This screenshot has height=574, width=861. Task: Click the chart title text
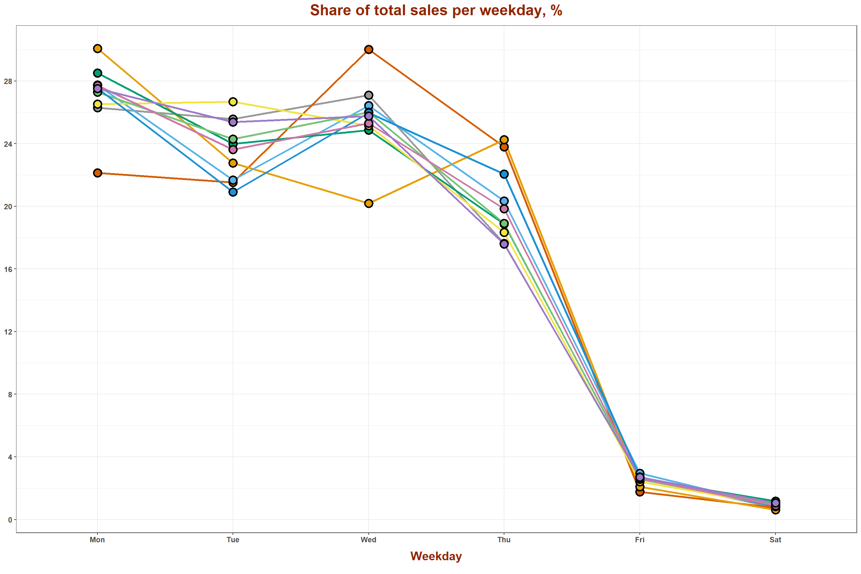(x=436, y=10)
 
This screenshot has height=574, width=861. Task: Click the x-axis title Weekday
(x=436, y=556)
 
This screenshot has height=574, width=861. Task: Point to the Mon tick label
(x=97, y=540)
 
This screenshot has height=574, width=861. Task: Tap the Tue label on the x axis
(x=233, y=540)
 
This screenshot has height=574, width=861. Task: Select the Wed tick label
(x=368, y=540)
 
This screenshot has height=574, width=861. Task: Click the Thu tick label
(x=504, y=540)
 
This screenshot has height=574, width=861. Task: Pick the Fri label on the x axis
(x=639, y=540)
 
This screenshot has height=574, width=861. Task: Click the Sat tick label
(x=775, y=540)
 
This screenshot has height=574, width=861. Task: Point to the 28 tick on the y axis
(x=8, y=81)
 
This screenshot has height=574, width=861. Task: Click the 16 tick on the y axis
(x=8, y=269)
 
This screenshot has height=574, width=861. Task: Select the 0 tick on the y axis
(x=10, y=520)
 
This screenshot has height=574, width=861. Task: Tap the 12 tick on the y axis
(x=8, y=332)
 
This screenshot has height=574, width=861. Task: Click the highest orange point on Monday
(x=97, y=49)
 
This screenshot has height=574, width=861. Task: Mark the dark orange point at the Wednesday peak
(x=369, y=49)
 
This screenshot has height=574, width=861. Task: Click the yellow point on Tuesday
(x=233, y=102)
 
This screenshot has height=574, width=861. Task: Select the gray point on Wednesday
(x=369, y=95)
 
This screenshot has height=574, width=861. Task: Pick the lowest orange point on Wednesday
(x=369, y=203)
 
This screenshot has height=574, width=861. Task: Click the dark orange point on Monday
(x=97, y=173)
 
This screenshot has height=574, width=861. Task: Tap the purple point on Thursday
(x=504, y=244)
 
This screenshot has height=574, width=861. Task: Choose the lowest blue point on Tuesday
(x=233, y=192)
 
